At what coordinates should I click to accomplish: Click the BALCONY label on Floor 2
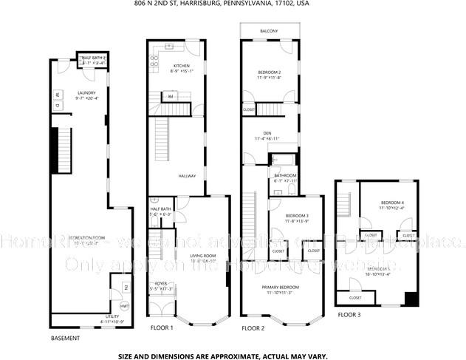pyautogui.click(x=269, y=30)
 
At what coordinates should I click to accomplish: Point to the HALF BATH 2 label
pyautogui.click(x=95, y=58)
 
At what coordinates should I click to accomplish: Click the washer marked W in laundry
pyautogui.click(x=57, y=95)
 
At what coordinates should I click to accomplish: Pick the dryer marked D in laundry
pyautogui.click(x=57, y=106)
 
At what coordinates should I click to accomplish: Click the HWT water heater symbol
pyautogui.click(x=125, y=305)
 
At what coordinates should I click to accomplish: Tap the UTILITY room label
pyautogui.click(x=112, y=316)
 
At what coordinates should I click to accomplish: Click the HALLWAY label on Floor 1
pyautogui.click(x=188, y=176)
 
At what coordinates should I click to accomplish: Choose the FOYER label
pyautogui.click(x=160, y=284)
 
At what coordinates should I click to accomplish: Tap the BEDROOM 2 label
pyautogui.click(x=270, y=72)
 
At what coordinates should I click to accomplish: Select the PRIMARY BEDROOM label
pyautogui.click(x=281, y=287)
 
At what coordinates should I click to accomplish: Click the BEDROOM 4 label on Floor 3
pyautogui.click(x=392, y=203)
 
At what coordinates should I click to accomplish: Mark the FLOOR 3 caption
pyautogui.click(x=349, y=315)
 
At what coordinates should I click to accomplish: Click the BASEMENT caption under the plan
pyautogui.click(x=65, y=338)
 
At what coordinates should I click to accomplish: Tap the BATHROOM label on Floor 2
pyautogui.click(x=285, y=175)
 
